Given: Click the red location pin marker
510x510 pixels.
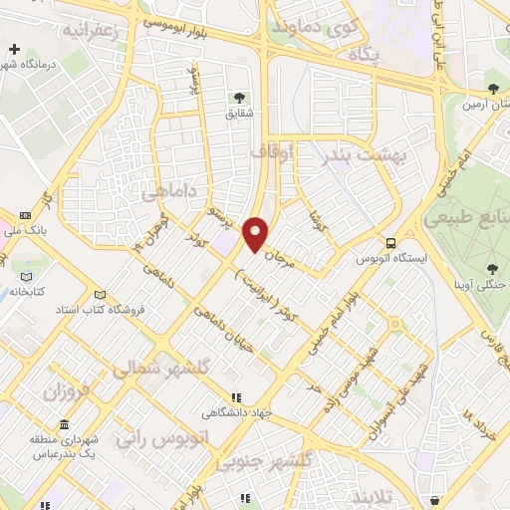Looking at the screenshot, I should [256, 233].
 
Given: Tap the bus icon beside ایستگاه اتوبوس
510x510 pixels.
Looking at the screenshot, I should [391, 242].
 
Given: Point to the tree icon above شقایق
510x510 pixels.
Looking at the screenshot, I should [239, 97].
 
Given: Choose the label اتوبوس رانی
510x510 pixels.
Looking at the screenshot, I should [150, 436].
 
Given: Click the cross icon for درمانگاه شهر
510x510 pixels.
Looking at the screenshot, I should [15, 48].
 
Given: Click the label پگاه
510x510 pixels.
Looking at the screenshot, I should [364, 56].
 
